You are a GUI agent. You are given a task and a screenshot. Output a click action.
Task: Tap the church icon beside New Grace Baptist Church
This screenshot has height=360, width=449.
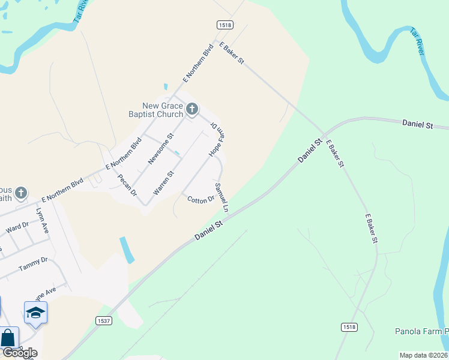point(192,109)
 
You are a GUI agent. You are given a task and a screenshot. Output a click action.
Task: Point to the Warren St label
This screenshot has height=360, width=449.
point(163,183)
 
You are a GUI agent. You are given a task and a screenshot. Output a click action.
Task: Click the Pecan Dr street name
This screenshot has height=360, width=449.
point(127,185)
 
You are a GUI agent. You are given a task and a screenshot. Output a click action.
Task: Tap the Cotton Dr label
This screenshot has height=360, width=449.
point(200,200)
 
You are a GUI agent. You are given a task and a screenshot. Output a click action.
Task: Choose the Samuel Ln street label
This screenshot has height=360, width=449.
point(222,197)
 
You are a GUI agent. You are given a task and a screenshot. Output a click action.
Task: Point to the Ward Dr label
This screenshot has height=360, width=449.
point(17,227)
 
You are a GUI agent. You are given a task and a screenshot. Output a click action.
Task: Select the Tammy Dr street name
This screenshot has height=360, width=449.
point(32,263)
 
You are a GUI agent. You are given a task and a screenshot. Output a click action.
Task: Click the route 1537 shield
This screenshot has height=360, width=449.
point(104,321)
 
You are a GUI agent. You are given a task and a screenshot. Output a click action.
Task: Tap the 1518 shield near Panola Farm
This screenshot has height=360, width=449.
point(349,326)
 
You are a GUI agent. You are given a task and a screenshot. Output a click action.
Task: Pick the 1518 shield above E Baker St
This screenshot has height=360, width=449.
point(225,24)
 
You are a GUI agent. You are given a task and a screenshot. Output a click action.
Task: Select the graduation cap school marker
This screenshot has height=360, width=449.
point(35,313)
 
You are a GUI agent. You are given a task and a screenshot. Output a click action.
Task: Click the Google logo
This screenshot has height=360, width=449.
point(19,353)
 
